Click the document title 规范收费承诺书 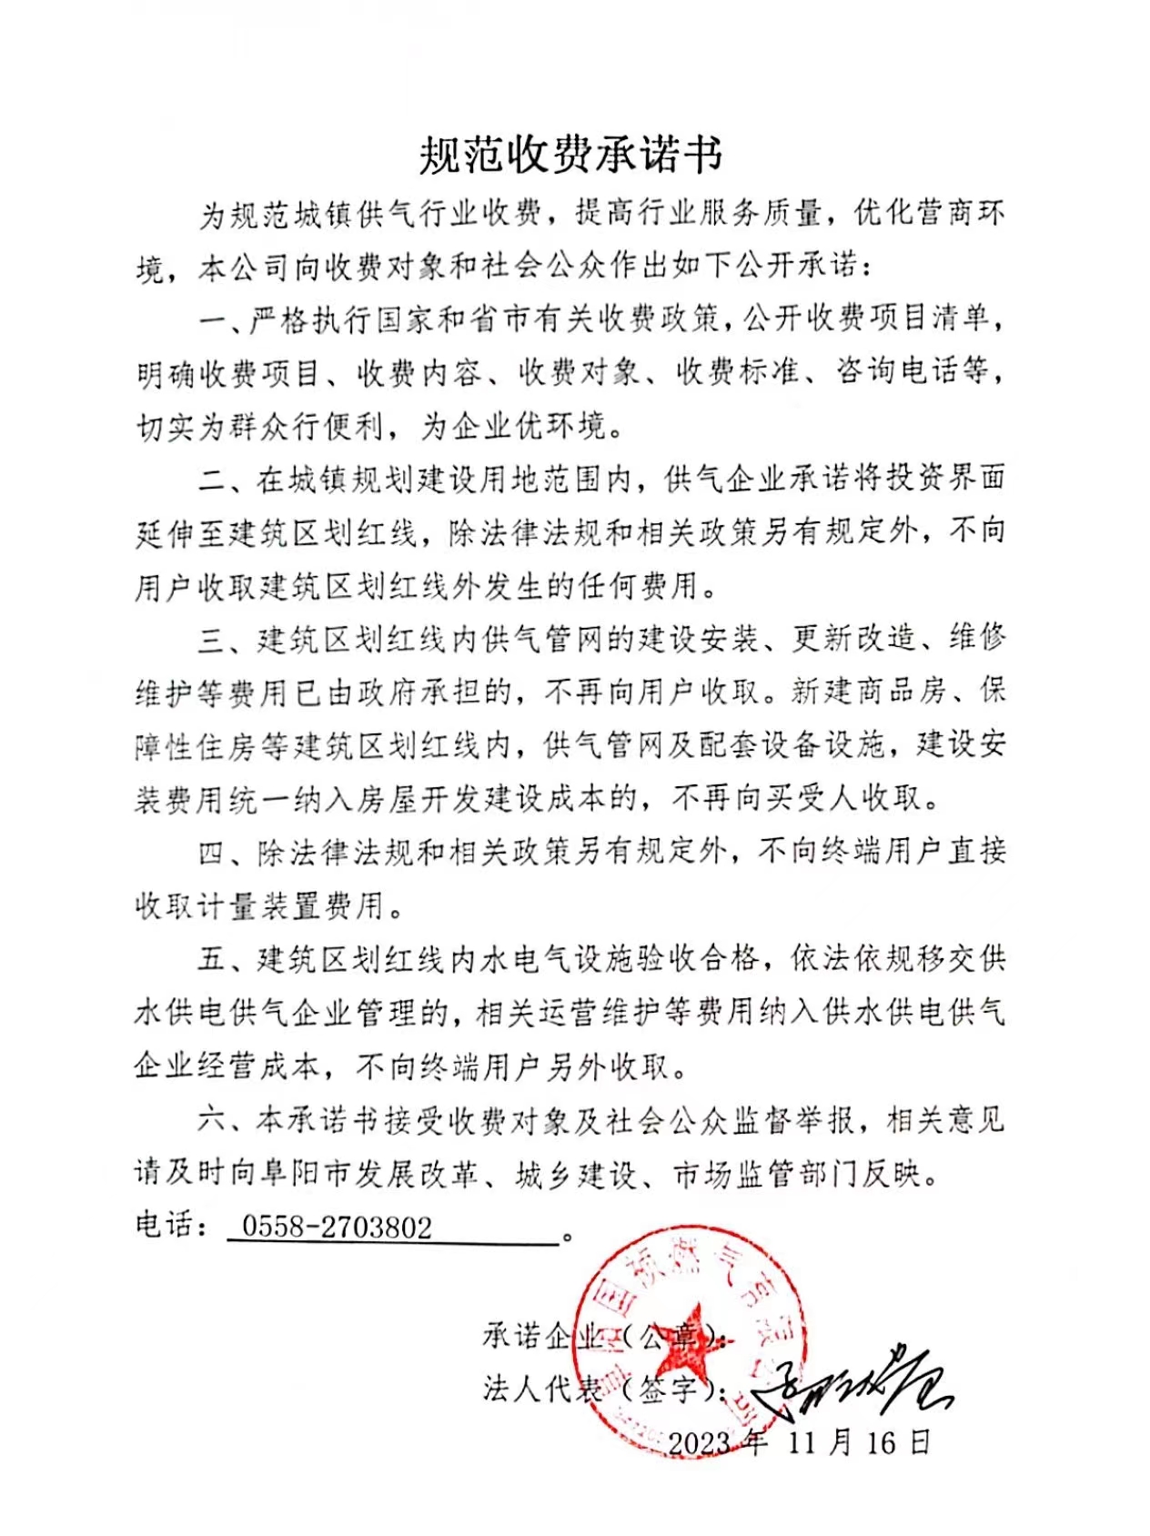point(570,155)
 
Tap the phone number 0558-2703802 point(337,1228)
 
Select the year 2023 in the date point(700,1442)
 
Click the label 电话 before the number point(165,1226)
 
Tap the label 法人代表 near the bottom point(542,1389)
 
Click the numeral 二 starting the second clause point(212,480)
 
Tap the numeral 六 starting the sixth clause point(211,1120)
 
